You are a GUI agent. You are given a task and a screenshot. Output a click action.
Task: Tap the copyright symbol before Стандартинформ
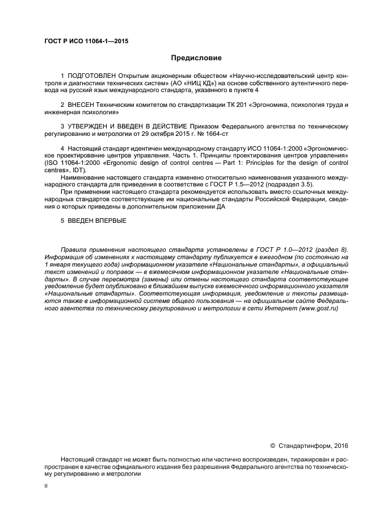(x=272, y=445)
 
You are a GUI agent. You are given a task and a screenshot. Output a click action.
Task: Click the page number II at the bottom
(x=46, y=487)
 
